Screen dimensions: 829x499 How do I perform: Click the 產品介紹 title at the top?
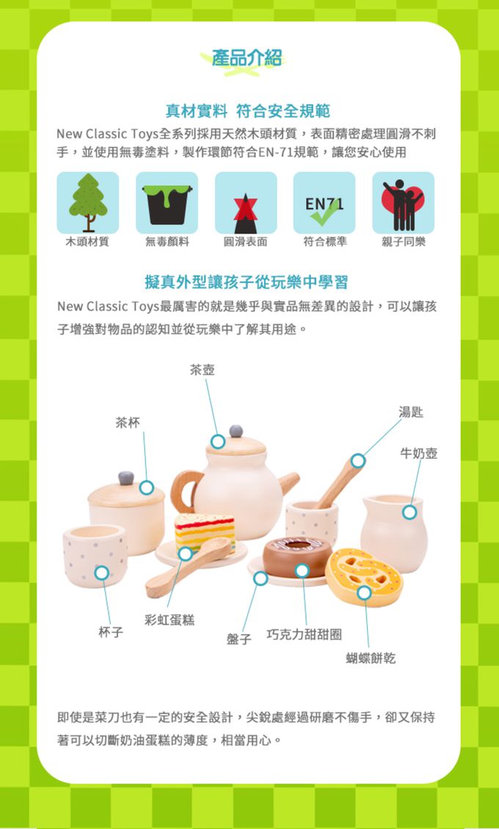247,59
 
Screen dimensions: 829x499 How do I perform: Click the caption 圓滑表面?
246,241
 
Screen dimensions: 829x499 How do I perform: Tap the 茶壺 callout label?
203,370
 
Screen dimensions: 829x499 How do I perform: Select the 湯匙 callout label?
411,413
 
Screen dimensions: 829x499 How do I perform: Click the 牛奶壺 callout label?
419,454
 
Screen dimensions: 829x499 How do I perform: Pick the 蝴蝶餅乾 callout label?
371,658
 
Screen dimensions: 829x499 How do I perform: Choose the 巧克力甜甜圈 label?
304,634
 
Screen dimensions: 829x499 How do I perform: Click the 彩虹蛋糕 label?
170,620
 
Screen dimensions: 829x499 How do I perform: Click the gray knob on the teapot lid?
236,430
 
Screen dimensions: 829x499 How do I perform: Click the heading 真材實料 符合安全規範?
247,111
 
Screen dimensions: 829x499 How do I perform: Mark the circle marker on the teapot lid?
218,441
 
